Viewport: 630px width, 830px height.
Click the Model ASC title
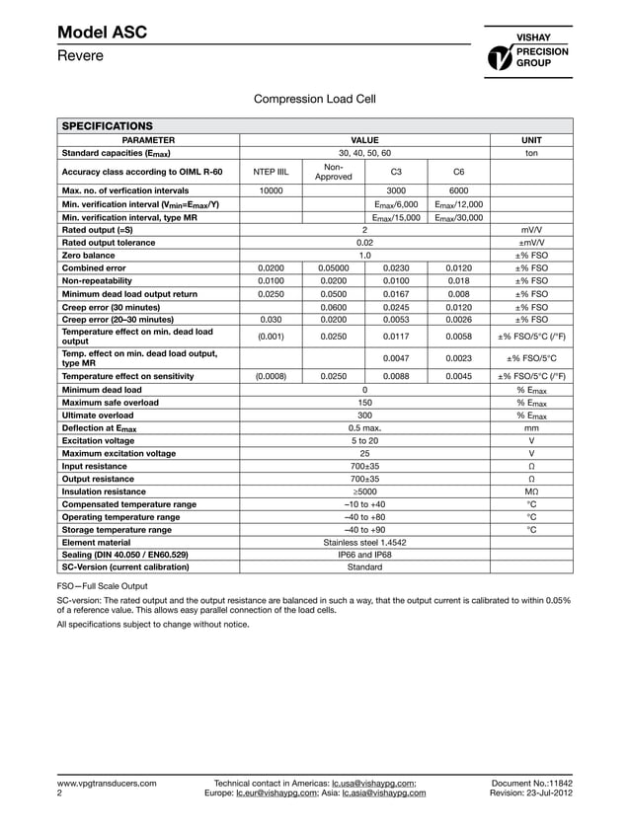(103, 33)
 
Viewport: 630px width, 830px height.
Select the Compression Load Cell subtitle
(315, 99)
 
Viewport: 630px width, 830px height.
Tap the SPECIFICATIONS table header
(108, 126)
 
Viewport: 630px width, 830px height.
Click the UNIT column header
(531, 140)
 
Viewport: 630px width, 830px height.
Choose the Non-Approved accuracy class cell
(333, 171)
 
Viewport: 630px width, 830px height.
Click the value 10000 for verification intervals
(271, 189)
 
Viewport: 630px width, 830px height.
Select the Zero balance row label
(90, 255)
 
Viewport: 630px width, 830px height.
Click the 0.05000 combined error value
(333, 267)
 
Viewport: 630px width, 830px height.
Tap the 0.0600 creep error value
(333, 307)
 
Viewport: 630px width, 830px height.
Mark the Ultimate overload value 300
(364, 415)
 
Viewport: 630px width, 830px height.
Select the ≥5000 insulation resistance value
(364, 491)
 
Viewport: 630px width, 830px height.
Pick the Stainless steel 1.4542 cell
(364, 543)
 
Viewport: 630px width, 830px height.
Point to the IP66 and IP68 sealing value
(364, 556)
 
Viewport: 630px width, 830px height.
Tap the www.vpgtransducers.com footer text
(107, 783)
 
